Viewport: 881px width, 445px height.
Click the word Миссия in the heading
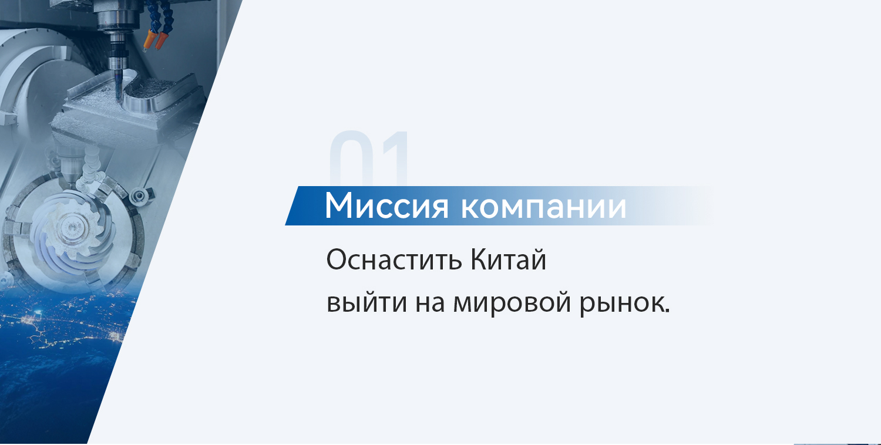pos(386,205)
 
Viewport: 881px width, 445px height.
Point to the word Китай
pos(508,260)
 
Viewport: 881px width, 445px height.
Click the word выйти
pos(366,303)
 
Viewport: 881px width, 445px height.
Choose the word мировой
pos(512,304)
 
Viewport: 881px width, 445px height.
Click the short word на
pos(431,304)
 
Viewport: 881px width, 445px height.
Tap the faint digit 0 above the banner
pos(351,158)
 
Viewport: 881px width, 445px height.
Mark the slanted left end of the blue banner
pos(292,205)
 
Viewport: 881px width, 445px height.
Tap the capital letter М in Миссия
pos(339,205)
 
